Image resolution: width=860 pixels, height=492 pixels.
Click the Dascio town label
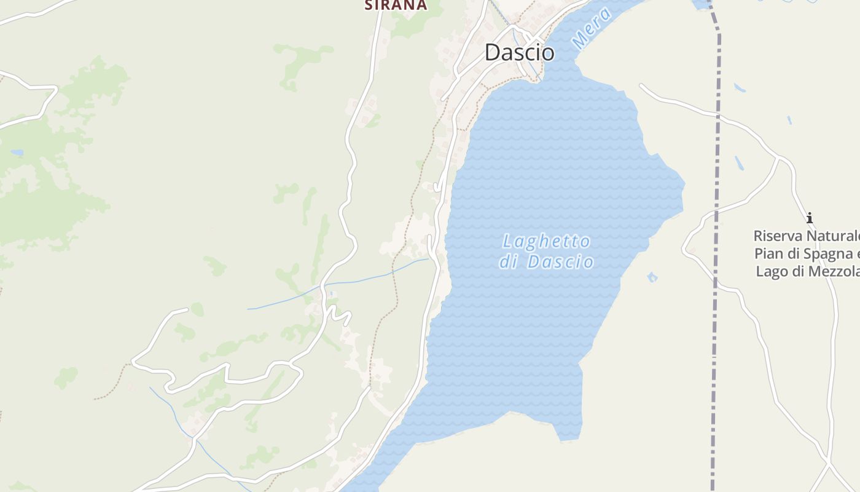pyautogui.click(x=519, y=52)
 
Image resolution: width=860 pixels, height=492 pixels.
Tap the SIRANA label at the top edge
pyautogui.click(x=395, y=5)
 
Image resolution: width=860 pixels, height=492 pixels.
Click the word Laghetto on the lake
pyautogui.click(x=546, y=241)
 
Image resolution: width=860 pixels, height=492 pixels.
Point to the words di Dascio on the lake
pyautogui.click(x=546, y=262)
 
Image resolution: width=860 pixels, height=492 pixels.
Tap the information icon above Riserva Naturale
pyautogui.click(x=809, y=218)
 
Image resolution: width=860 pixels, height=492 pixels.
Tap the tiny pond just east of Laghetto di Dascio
pyautogui.click(x=652, y=277)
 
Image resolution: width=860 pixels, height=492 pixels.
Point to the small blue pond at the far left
pyautogui.click(x=17, y=152)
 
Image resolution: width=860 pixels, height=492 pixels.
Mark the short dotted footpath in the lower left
pyautogui.click(x=111, y=384)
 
